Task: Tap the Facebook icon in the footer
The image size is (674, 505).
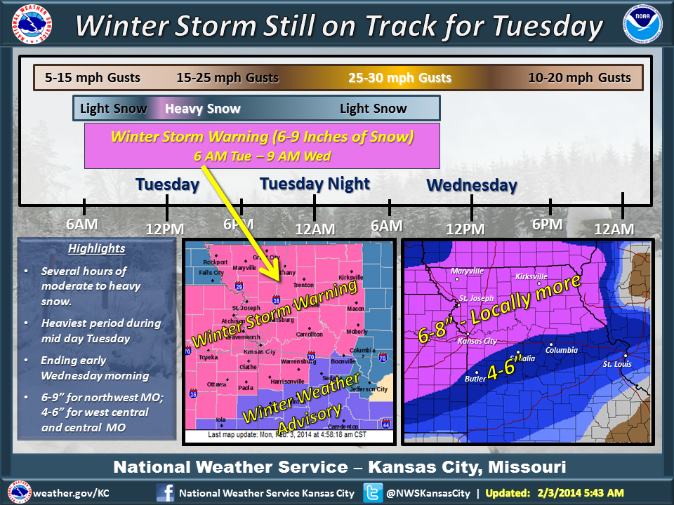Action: click(x=165, y=492)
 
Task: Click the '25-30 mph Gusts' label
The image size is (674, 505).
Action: click(x=399, y=78)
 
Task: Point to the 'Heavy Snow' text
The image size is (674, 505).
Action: click(x=202, y=109)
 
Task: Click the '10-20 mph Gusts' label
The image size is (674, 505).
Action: click(x=579, y=78)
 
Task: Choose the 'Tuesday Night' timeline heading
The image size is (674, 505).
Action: click(x=315, y=184)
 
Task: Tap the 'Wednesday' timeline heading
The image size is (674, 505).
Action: click(x=472, y=186)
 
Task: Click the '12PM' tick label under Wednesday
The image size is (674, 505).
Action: click(x=465, y=229)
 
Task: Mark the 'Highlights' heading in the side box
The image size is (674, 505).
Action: click(x=96, y=248)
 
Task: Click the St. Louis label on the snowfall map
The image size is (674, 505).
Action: click(x=617, y=363)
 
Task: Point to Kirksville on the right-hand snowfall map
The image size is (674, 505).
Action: click(x=531, y=276)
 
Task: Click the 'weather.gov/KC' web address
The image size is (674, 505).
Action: click(x=71, y=493)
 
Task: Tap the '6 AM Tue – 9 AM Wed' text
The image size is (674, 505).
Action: click(x=262, y=156)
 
